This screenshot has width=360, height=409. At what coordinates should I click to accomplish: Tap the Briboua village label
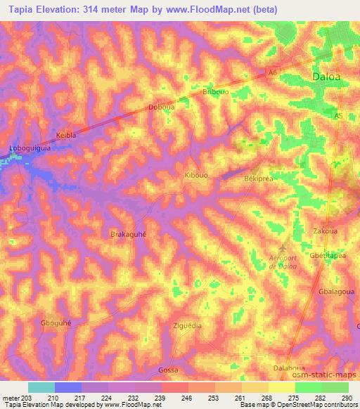(215, 91)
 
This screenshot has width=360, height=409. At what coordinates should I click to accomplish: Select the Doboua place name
(161, 107)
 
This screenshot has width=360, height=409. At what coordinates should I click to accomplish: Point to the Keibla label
(65, 134)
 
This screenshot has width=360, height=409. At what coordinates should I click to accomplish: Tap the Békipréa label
(258, 179)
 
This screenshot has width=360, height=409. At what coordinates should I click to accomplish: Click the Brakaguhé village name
(129, 235)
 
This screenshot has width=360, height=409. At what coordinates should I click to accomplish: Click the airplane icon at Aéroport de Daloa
(283, 249)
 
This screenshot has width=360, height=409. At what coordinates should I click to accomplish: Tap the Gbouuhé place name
(56, 323)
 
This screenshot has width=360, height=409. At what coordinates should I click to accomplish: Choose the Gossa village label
(168, 370)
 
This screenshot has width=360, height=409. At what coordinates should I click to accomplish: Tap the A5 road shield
(338, 116)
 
